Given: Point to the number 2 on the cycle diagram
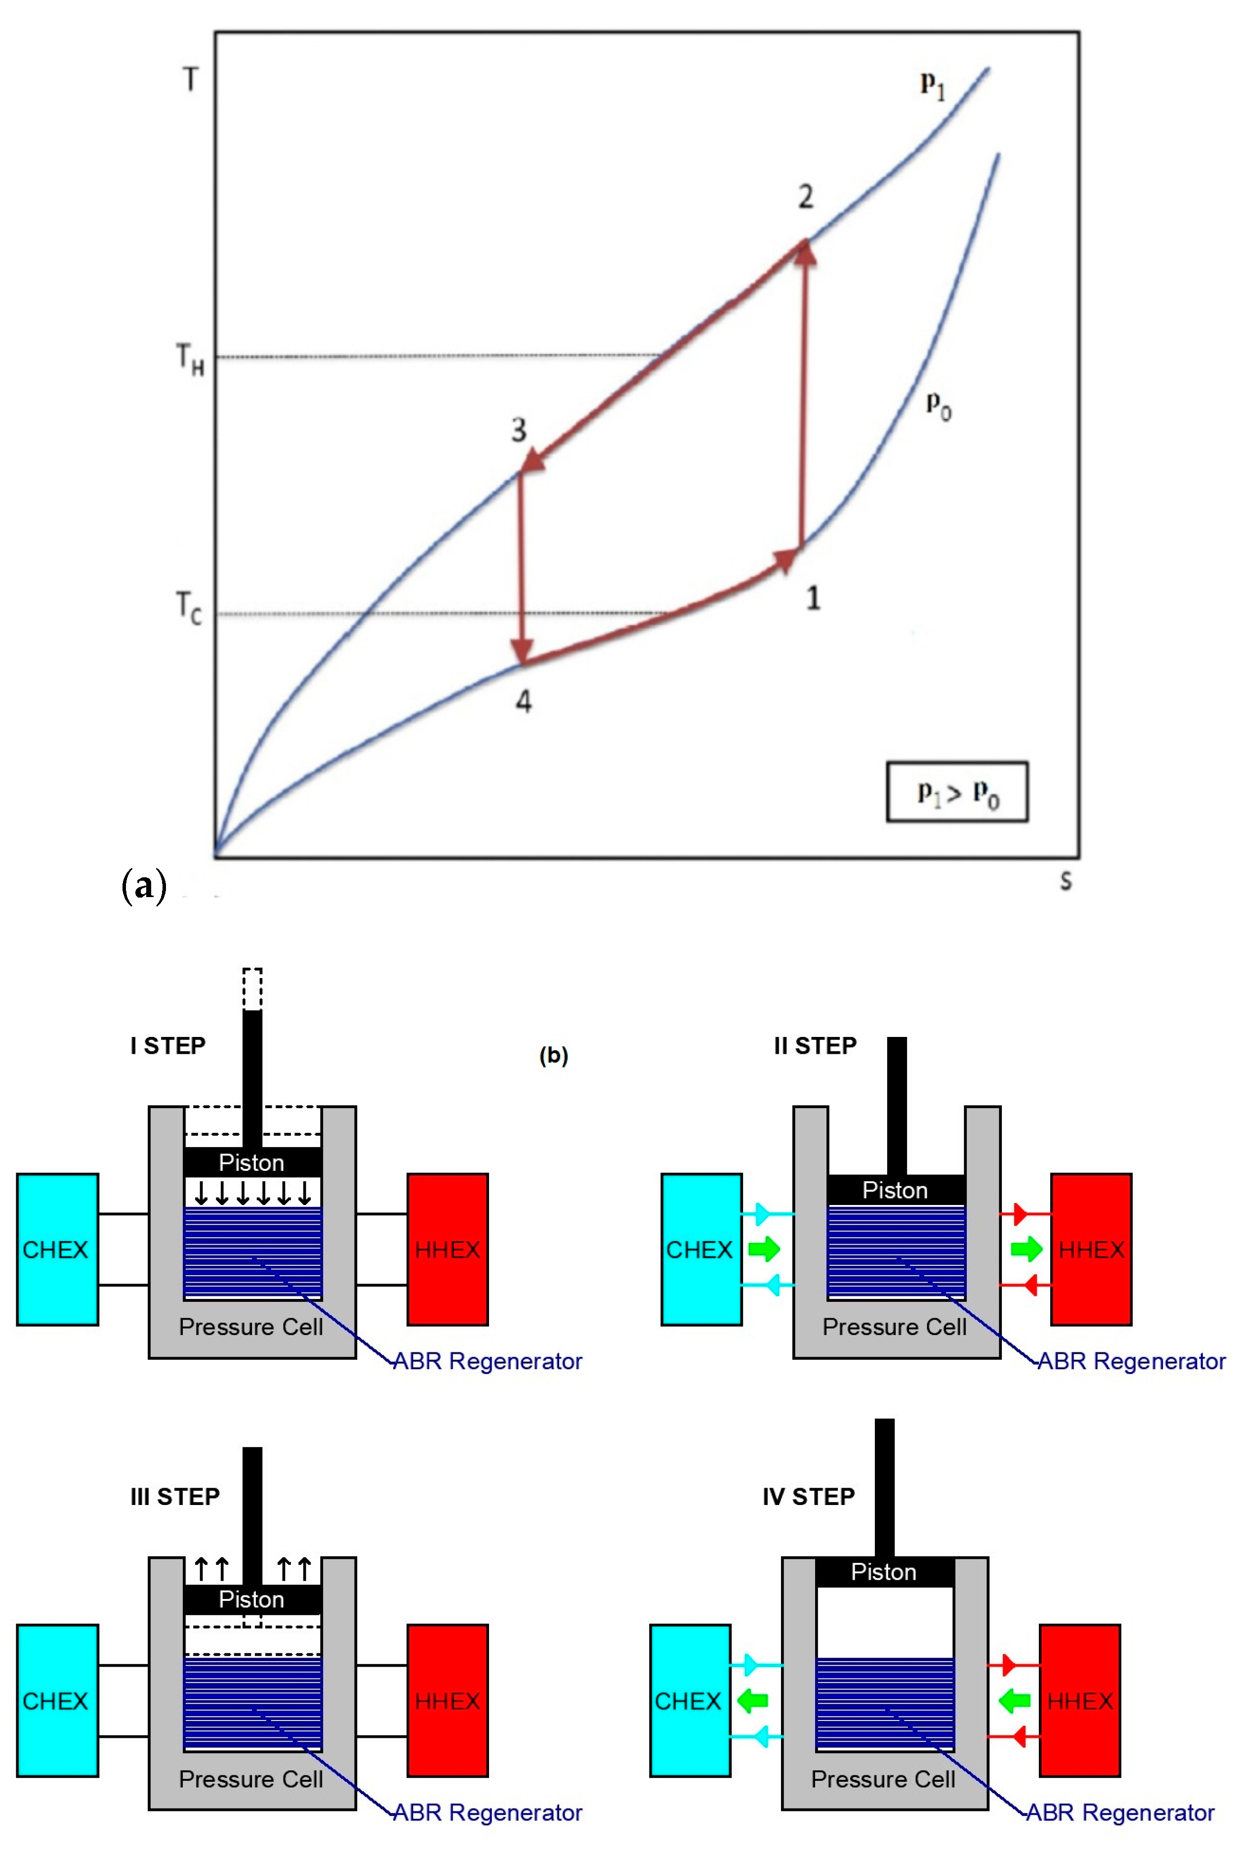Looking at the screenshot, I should pos(805,197).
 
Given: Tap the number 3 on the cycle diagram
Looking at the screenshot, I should pos(518,430).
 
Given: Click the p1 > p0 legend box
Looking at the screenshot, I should pos(957,792).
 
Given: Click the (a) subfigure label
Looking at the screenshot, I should pos(144,886).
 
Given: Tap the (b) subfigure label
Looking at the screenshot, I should pos(554,1055).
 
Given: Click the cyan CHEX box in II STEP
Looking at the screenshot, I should pos(701,1249).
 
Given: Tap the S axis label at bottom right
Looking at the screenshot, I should pos(1066,881).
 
